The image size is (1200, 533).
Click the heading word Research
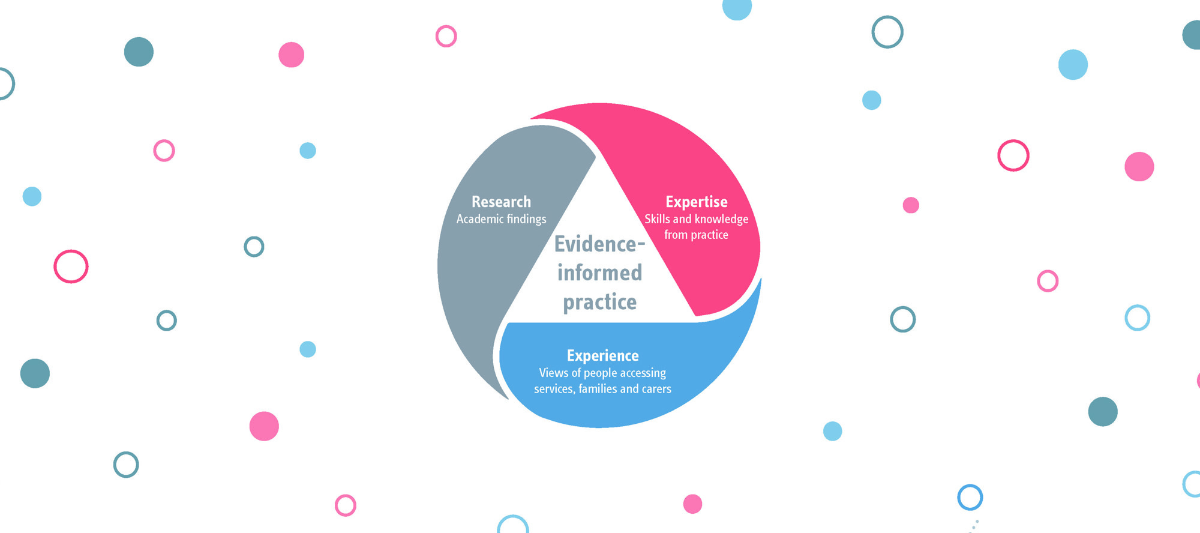click(x=501, y=202)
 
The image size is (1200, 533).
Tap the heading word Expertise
click(x=696, y=202)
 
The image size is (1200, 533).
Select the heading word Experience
click(x=602, y=355)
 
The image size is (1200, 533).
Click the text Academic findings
click(x=501, y=219)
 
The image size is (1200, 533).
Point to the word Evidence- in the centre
click(x=599, y=244)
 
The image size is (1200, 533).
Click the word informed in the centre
click(x=599, y=273)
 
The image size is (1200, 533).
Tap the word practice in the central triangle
click(x=599, y=302)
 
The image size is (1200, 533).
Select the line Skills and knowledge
click(x=696, y=219)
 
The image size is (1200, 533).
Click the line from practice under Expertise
click(x=696, y=235)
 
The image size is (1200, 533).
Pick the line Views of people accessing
click(x=602, y=373)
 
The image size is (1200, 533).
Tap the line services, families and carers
click(x=602, y=389)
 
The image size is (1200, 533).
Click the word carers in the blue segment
click(x=656, y=389)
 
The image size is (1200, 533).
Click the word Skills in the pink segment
click(x=657, y=219)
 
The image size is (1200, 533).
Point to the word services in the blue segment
click(x=554, y=389)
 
